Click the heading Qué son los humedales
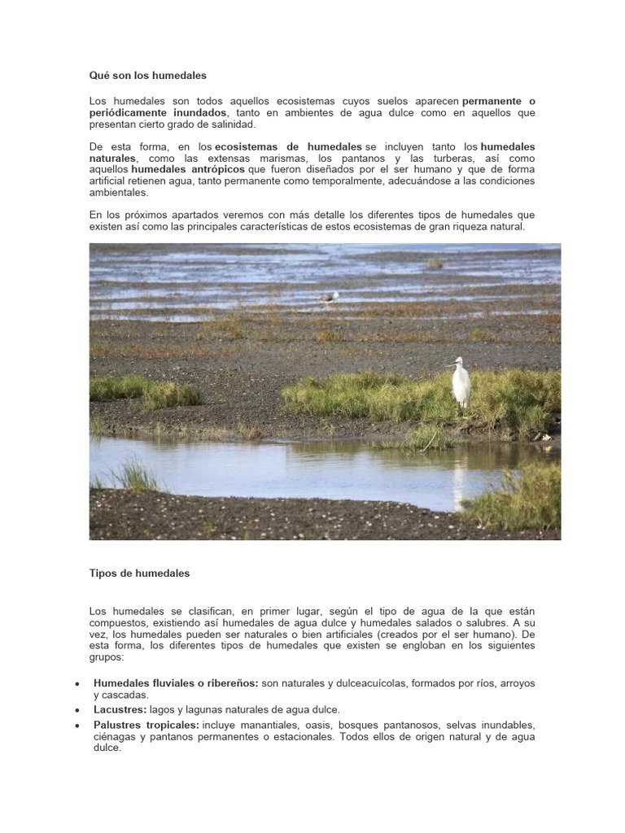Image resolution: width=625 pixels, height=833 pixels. click(147, 76)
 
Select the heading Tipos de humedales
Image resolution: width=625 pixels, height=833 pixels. click(139, 574)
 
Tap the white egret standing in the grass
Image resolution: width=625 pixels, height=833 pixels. click(461, 382)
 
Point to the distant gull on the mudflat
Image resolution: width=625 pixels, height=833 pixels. click(329, 298)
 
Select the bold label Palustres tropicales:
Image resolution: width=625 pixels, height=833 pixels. click(146, 725)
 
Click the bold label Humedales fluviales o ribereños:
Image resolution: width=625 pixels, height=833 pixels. click(176, 683)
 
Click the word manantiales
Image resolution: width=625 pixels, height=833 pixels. click(271, 725)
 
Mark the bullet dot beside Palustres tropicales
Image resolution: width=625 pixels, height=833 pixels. click(76, 726)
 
